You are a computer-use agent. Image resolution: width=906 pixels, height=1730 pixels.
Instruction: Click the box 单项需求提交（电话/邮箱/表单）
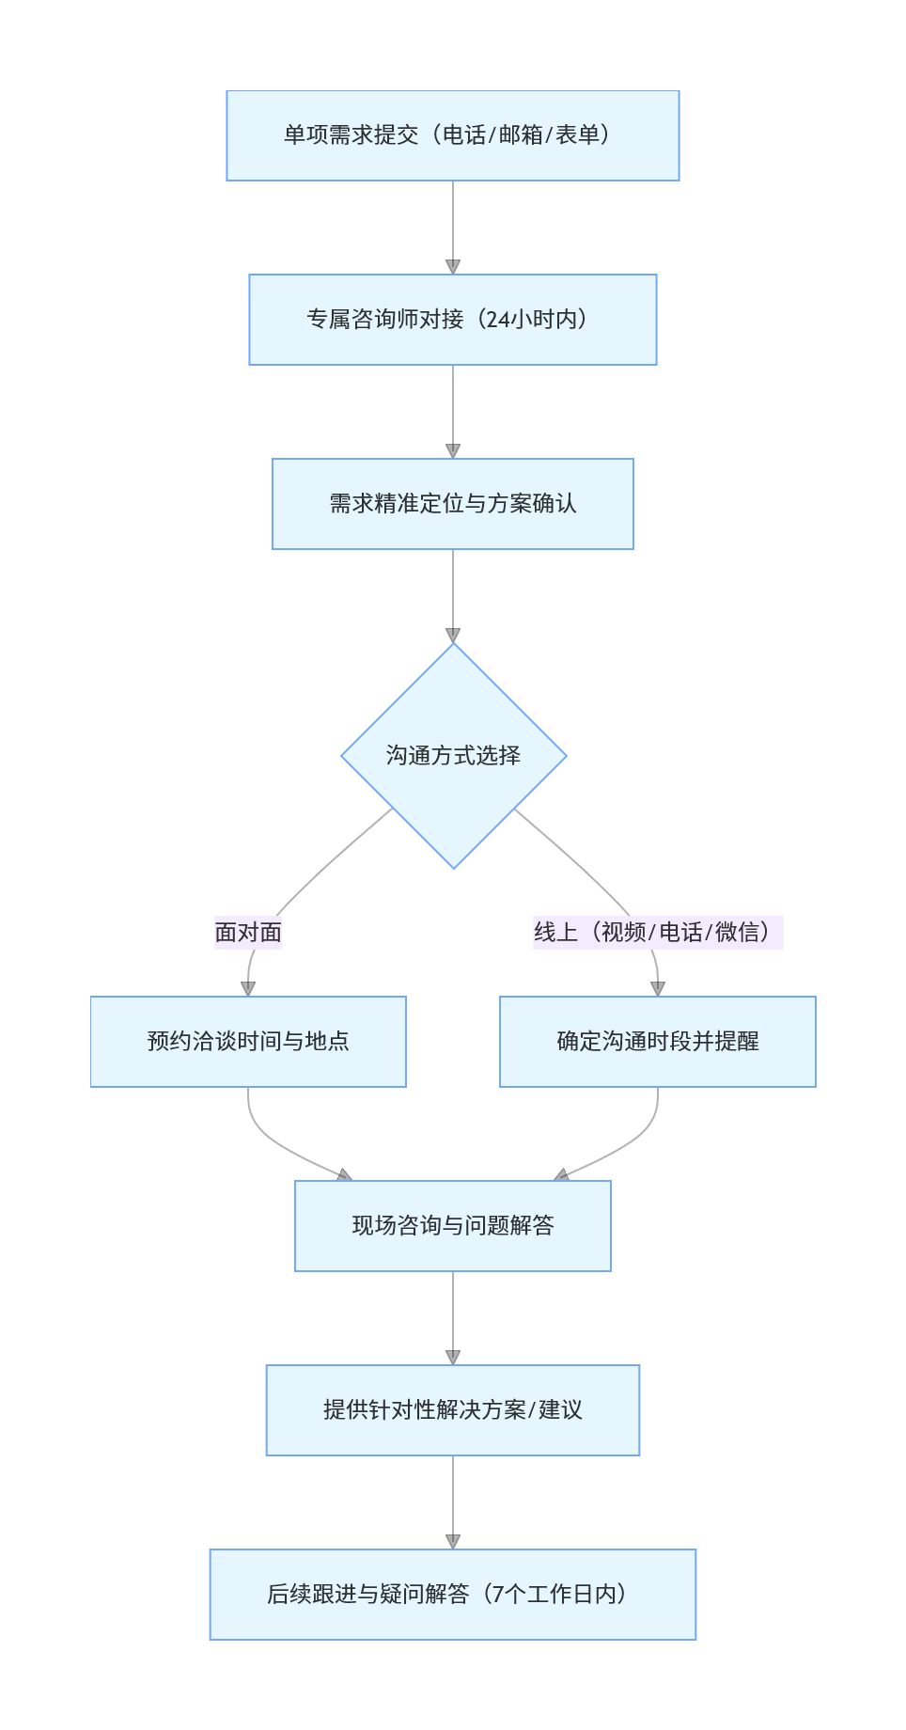[452, 135]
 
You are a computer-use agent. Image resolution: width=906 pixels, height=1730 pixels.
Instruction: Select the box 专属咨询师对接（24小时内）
[452, 320]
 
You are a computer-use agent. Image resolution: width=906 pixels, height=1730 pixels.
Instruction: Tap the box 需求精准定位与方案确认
[452, 504]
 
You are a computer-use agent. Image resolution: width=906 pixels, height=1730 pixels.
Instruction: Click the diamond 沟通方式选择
[453, 756]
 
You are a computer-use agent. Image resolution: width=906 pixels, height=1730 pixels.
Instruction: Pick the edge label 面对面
[248, 932]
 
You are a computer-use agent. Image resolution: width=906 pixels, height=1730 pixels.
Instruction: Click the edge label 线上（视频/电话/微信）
[657, 932]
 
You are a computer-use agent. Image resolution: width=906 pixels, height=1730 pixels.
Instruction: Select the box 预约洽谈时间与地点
[248, 1042]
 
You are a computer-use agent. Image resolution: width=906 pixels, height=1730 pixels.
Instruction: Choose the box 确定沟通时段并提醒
[657, 1042]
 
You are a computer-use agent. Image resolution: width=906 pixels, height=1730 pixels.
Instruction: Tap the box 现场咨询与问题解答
[452, 1226]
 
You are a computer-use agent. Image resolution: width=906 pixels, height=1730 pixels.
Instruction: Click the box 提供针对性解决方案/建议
[452, 1410]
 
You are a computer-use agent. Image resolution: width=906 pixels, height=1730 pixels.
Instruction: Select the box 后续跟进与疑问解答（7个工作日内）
[452, 1595]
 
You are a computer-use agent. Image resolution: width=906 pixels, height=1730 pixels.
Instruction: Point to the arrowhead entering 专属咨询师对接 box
[453, 267]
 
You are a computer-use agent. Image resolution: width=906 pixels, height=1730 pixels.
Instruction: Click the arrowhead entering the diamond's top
[453, 636]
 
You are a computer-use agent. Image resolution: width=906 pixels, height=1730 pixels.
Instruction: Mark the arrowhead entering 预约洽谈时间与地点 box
[248, 989]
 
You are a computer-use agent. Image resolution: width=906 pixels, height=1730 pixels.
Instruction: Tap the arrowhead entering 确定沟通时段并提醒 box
[658, 989]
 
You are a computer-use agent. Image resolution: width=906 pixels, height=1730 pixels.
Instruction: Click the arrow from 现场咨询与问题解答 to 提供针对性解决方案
[453, 1316]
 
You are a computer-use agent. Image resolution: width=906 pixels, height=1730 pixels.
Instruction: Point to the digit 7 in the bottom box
[498, 1595]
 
